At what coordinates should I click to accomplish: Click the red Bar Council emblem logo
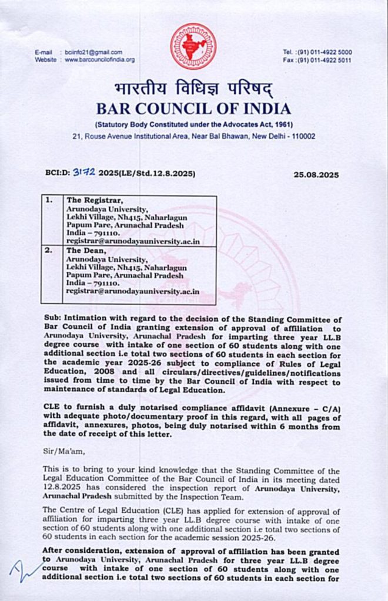coord(193,46)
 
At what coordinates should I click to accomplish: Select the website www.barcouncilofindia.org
coord(99,60)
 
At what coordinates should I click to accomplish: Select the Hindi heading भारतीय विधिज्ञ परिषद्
coord(194,90)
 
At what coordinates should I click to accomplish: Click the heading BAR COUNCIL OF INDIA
coord(194,109)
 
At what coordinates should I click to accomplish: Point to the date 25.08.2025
coord(316,175)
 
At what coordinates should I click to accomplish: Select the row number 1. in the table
coord(51,201)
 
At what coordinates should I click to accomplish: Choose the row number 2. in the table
coord(51,250)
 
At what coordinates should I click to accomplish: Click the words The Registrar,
coord(91,201)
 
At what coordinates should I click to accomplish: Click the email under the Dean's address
coord(132,291)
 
